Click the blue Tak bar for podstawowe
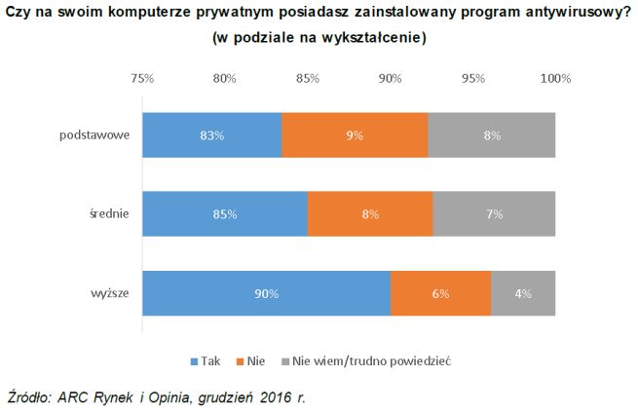[x=211, y=135]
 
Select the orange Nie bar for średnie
[x=369, y=214]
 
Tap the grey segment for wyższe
[x=523, y=293]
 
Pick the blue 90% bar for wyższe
[x=266, y=293]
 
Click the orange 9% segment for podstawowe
[x=355, y=135]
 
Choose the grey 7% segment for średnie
[x=494, y=214]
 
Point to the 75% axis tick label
[x=142, y=78]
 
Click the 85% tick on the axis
[x=308, y=78]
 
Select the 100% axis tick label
[x=555, y=78]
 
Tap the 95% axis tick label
[x=473, y=78]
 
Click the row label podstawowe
[x=95, y=135]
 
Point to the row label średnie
[x=109, y=214]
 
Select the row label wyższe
[x=111, y=293]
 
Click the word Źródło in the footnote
[x=29, y=397]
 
